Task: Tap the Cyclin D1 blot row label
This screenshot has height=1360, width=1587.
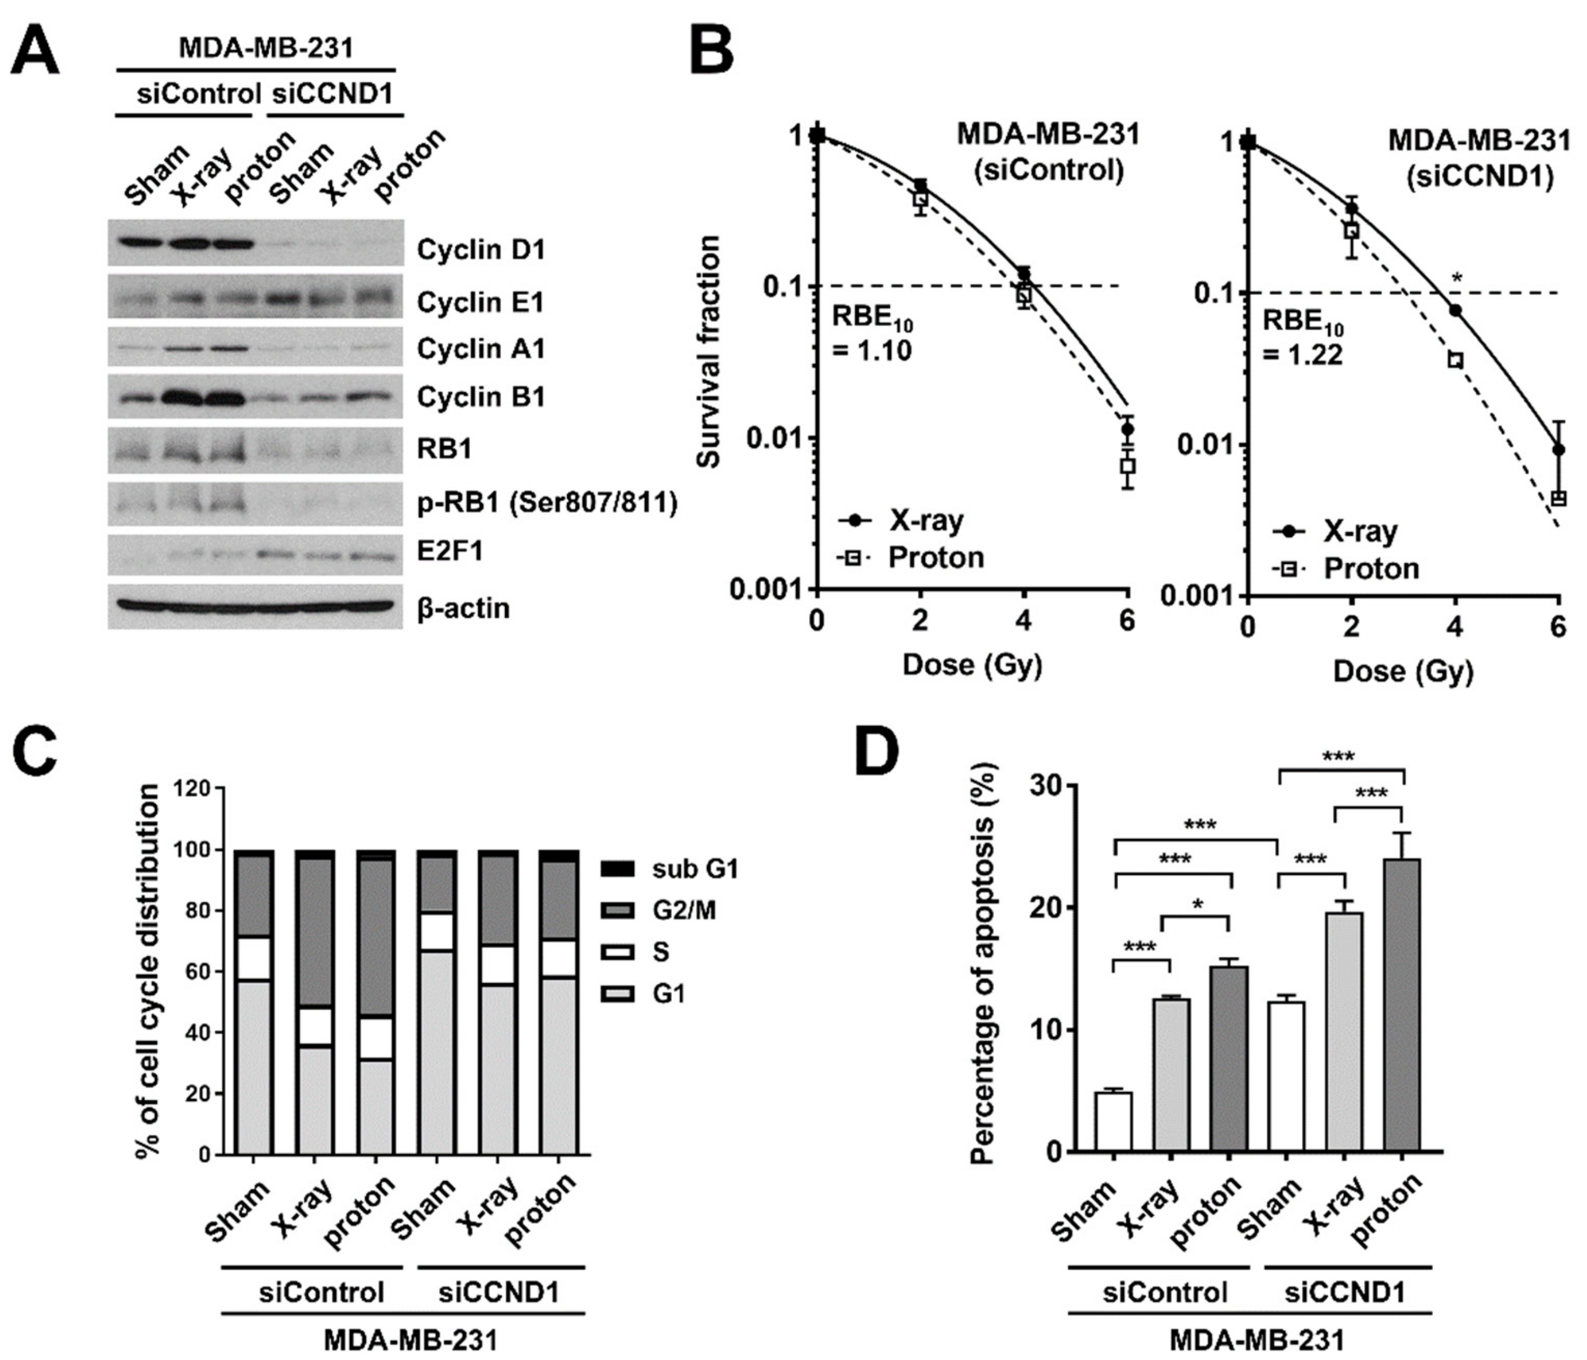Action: [x=480, y=250]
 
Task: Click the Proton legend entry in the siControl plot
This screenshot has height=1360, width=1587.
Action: [x=911, y=557]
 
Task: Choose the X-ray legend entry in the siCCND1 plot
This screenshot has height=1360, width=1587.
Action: [x=1337, y=531]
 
